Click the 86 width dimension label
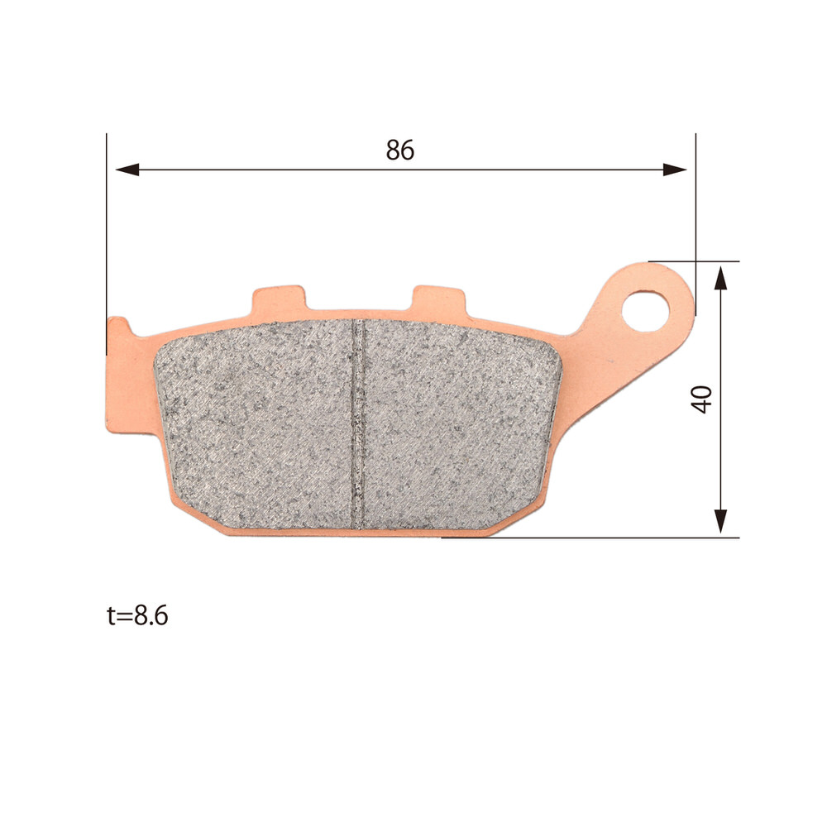[x=400, y=151]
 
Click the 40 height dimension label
[x=702, y=399]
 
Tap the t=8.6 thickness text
[x=137, y=615]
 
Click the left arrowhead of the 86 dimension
[x=127, y=170]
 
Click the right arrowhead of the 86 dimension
[x=675, y=170]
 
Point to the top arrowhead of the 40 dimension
[x=720, y=277]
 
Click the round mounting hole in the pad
[x=646, y=310]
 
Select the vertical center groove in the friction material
[x=358, y=424]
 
